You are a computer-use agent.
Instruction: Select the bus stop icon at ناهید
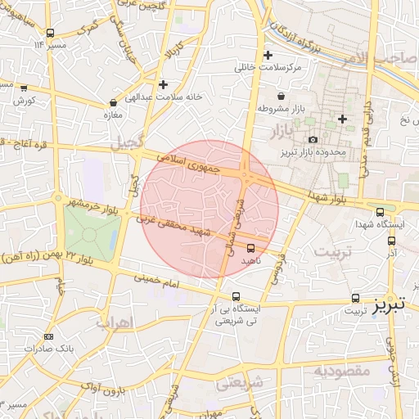coord(250,247)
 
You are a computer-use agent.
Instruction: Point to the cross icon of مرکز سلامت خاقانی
coord(268,55)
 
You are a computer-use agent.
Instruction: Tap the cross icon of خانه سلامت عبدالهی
coord(164,84)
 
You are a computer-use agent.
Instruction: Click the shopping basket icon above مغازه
coord(113,104)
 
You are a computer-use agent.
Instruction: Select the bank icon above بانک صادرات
coord(48,336)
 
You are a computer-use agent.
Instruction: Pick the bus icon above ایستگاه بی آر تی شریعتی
coord(236,296)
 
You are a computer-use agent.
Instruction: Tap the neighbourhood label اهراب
coord(114,322)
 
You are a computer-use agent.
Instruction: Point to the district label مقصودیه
coord(343,372)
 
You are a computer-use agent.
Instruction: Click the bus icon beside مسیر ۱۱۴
coord(51,34)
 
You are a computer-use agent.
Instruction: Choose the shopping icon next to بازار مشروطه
coord(282,96)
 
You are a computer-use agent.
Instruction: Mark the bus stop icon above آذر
coord(391,241)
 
